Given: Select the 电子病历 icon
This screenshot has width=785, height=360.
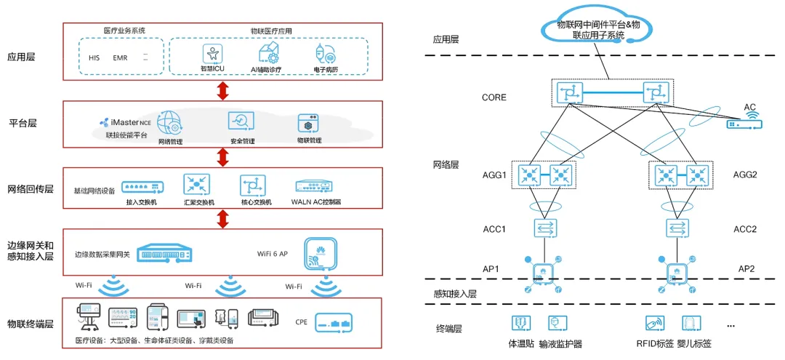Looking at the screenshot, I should pyautogui.click(x=323, y=53).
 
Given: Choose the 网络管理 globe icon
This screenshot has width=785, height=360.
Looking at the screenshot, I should pyautogui.click(x=169, y=121).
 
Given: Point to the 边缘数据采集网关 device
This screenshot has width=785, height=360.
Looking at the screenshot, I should pyautogui.click(x=166, y=253).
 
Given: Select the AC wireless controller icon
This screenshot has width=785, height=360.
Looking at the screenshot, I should pyautogui.click(x=744, y=124).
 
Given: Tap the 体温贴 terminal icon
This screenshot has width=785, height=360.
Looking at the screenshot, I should pyautogui.click(x=522, y=324).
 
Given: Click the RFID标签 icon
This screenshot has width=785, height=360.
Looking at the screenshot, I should pyautogui.click(x=655, y=324).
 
